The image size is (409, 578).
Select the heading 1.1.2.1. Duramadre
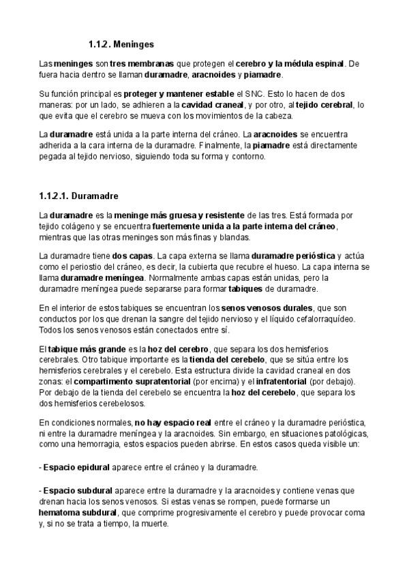coord(79,196)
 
